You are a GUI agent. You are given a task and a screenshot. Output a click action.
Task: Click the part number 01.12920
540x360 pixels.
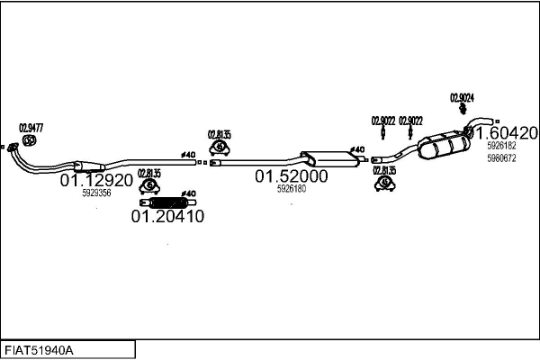click(x=96, y=180)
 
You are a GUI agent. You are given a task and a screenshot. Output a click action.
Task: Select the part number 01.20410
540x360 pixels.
click(x=167, y=216)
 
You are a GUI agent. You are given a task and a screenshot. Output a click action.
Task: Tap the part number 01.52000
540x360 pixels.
click(x=292, y=176)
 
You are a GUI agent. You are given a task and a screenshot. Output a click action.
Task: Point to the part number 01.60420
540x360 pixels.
click(x=506, y=133)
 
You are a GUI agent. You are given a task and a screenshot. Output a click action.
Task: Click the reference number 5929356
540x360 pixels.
click(x=96, y=193)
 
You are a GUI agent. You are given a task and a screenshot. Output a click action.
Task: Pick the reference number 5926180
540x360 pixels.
click(x=292, y=189)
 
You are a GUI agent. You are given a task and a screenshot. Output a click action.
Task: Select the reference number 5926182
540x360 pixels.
click(x=501, y=146)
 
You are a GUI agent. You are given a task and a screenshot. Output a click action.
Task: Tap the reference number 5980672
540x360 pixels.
click(x=501, y=158)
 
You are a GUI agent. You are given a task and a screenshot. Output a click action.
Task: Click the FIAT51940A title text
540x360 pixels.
click(x=39, y=351)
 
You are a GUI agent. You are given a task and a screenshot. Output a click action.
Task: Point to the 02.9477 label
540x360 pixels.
click(x=31, y=128)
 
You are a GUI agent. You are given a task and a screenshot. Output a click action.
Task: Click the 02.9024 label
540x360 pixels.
click(x=462, y=98)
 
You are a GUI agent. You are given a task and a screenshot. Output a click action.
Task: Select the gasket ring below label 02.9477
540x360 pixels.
click(x=30, y=140)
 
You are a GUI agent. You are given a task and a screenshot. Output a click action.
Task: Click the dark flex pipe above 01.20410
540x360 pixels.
click(x=167, y=202)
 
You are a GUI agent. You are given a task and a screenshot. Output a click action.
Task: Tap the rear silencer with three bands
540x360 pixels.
click(x=445, y=146)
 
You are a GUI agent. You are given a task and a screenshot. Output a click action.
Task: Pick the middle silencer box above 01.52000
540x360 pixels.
click(x=329, y=158)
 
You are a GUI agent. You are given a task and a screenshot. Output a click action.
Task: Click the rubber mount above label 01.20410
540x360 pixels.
click(x=149, y=186)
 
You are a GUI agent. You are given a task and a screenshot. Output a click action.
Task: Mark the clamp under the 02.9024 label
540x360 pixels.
click(x=463, y=109)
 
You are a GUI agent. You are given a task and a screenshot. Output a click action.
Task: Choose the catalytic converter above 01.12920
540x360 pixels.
click(x=89, y=166)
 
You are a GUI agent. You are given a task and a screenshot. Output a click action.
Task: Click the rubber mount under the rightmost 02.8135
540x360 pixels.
click(x=384, y=184)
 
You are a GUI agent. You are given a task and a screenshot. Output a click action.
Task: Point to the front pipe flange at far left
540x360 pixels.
click(x=13, y=148)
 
